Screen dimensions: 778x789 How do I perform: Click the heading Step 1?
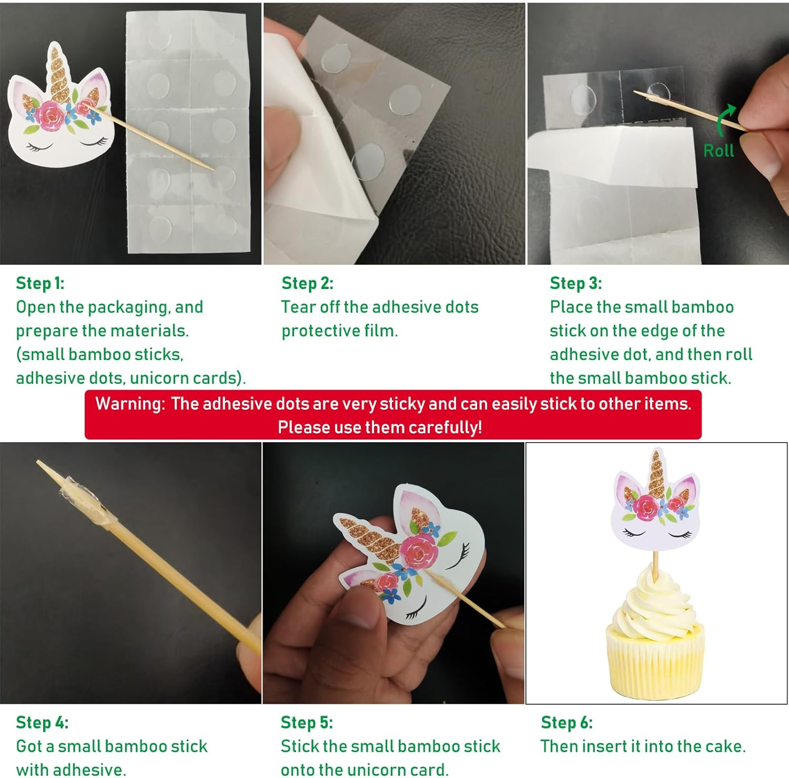[x=40, y=283]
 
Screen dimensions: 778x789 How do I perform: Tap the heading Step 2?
[x=307, y=283]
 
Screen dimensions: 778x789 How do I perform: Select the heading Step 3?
[x=575, y=283]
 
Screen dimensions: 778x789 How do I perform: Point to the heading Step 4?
[x=42, y=722]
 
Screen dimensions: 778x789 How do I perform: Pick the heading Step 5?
[x=307, y=722]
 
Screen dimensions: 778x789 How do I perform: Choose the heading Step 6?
[x=567, y=722]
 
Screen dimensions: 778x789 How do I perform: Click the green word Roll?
[x=719, y=151]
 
